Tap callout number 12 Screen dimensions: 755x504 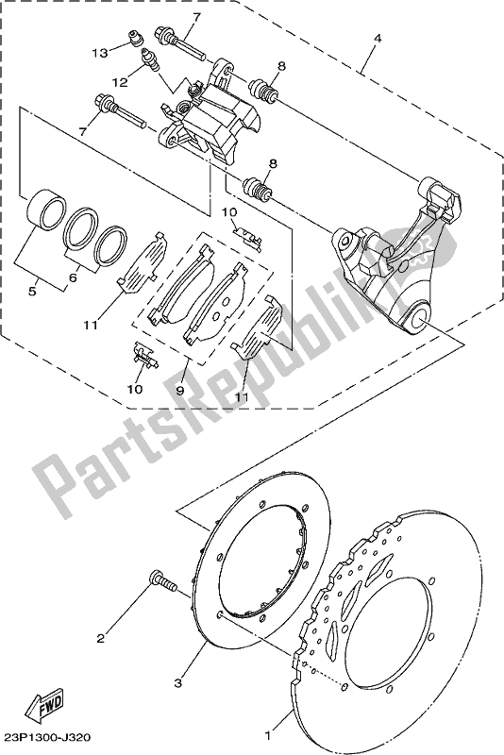(120, 83)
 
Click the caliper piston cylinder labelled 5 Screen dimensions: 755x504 (43, 210)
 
